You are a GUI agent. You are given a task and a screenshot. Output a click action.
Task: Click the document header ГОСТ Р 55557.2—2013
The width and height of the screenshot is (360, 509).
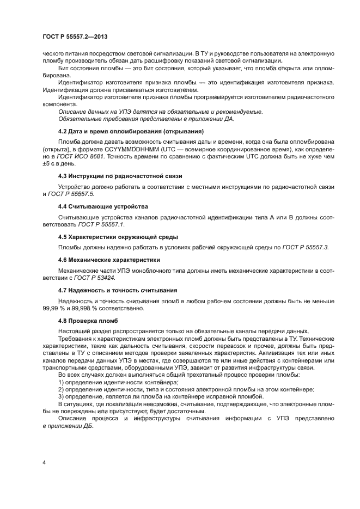(x=74, y=37)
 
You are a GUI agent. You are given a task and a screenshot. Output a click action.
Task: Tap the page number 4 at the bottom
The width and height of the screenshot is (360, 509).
(x=44, y=463)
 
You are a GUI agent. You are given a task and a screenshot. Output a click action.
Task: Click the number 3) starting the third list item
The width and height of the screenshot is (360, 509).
(x=62, y=397)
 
